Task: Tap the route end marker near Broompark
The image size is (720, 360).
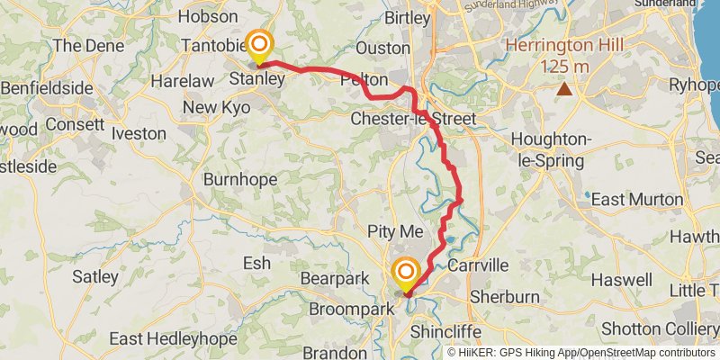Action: point(406,273)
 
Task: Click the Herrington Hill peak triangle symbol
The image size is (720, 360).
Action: point(564,88)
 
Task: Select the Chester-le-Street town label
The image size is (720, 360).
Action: point(411,119)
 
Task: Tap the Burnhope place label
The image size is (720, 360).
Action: point(238,179)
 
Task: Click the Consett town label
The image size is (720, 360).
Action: point(75,123)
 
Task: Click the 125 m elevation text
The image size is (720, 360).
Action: point(565,67)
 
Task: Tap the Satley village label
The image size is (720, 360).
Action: point(95,276)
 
